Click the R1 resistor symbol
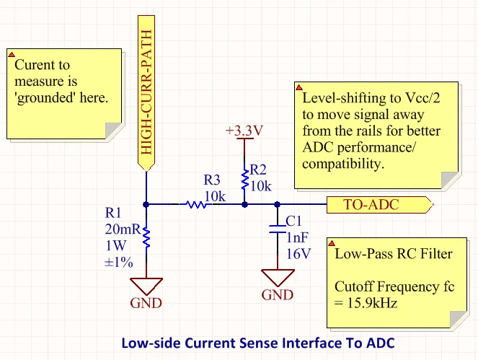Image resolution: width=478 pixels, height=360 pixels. click(146, 235)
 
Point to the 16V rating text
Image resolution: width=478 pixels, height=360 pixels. click(298, 253)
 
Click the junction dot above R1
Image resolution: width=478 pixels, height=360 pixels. click(146, 205)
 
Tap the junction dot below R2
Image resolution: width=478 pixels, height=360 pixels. click(244, 205)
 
